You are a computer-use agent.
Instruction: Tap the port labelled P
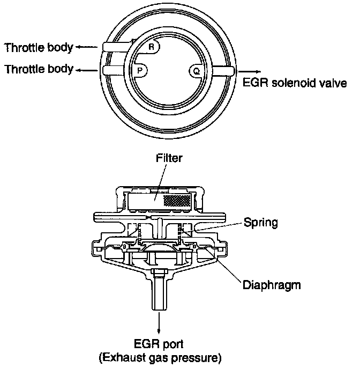point(140,70)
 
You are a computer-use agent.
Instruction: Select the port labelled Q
point(196,70)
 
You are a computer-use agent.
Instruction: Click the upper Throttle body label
point(39,48)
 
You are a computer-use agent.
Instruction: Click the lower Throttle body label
point(39,70)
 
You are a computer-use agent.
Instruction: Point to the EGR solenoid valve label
point(295,83)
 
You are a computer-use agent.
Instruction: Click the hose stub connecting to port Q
point(221,70)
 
